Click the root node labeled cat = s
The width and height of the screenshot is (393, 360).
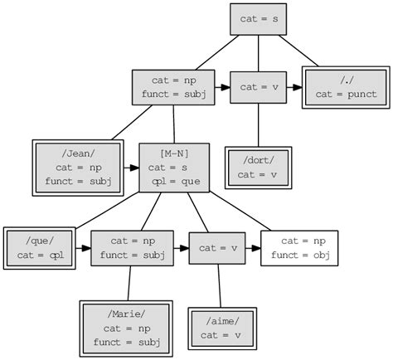(x=258, y=19)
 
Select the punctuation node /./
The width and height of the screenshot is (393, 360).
(x=346, y=86)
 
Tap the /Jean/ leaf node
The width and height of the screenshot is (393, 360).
(x=78, y=168)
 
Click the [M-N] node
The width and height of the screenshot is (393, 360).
(x=174, y=168)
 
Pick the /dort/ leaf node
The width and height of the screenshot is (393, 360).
(x=258, y=167)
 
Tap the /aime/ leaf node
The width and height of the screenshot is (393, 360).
(x=220, y=328)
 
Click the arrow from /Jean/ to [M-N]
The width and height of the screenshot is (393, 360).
(x=131, y=168)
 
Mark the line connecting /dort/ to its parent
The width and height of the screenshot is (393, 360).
(x=258, y=124)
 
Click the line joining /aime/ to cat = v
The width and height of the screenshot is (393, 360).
(x=219, y=286)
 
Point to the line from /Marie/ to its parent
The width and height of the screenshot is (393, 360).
(x=129, y=284)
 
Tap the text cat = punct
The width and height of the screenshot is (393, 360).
(x=346, y=94)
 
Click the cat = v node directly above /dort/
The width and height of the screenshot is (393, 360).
(x=258, y=86)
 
